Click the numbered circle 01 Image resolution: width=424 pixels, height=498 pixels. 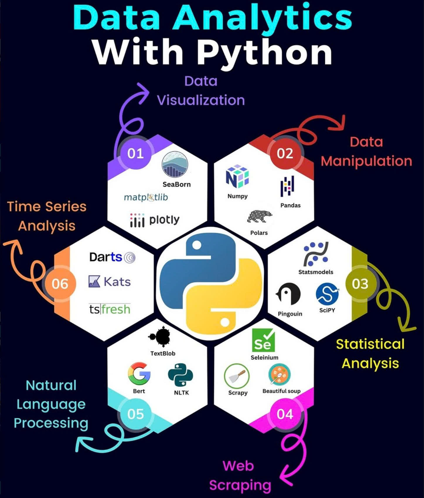(135, 153)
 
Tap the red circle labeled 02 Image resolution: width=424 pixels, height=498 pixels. (285, 153)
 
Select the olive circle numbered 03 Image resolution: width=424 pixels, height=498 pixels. (360, 283)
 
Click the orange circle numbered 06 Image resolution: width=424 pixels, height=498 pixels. (60, 283)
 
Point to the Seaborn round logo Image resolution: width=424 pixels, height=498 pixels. (175, 164)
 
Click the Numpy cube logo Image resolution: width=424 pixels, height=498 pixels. (237, 176)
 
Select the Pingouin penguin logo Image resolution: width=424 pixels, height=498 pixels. (288, 294)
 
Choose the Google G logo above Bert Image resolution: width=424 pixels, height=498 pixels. (139, 373)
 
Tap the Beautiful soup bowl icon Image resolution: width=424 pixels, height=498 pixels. (280, 374)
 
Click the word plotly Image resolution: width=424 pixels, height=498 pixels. (164, 220)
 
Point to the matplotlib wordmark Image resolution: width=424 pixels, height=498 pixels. (146, 197)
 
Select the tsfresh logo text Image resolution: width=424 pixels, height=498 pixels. (110, 309)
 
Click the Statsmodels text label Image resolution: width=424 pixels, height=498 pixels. (316, 272)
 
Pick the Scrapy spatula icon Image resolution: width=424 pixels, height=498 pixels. (237, 376)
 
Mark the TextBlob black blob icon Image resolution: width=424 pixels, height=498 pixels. (160, 336)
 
